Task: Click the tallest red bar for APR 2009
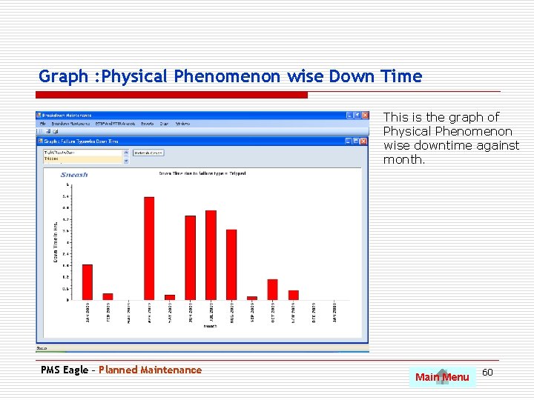[x=149, y=248]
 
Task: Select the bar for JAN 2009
[x=88, y=282]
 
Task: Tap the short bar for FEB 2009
[x=108, y=296]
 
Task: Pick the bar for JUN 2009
[x=191, y=258]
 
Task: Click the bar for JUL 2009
[x=211, y=255]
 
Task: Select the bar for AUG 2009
[x=231, y=264]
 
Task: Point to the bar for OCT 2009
[x=272, y=290]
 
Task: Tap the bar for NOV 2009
[x=293, y=295]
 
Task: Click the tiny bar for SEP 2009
[x=252, y=298]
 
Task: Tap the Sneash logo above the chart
[x=74, y=175]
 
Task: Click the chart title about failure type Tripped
[x=202, y=173]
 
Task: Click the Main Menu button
[x=442, y=377]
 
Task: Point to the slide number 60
[x=487, y=371]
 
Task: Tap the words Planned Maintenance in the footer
[x=150, y=370]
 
